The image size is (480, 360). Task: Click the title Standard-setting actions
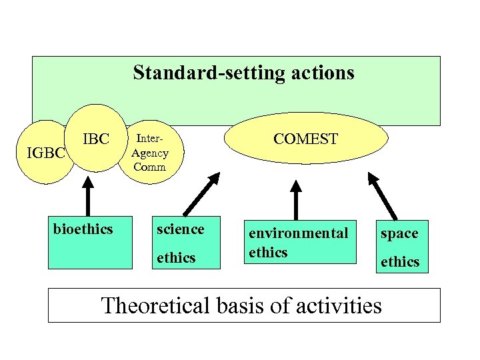[x=243, y=72]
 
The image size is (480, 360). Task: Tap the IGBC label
[x=45, y=153]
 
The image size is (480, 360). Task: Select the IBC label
[x=96, y=139]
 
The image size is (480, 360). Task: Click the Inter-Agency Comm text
[x=150, y=153]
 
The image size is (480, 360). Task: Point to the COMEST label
[x=306, y=139]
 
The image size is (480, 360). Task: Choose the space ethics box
[x=399, y=247]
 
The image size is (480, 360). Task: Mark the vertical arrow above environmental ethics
[x=296, y=197]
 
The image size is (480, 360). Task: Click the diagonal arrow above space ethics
[x=384, y=195]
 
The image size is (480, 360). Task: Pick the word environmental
[x=298, y=233]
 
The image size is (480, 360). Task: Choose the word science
[x=180, y=229]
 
